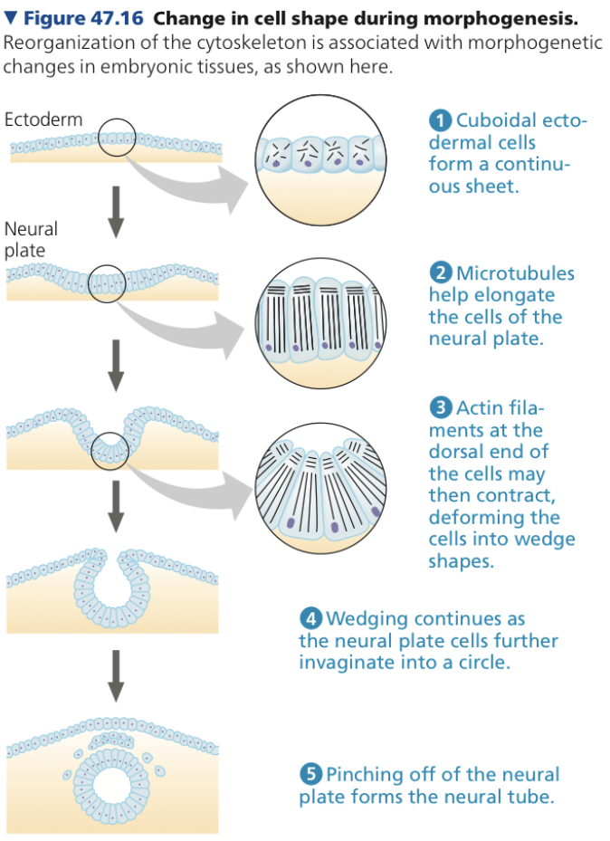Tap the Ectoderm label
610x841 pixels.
click(x=43, y=119)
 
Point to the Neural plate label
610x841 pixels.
click(x=31, y=240)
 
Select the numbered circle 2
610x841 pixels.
click(x=441, y=273)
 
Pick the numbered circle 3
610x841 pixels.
click(x=441, y=408)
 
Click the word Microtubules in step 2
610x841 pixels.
click(x=515, y=273)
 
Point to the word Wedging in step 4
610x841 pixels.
click(x=367, y=619)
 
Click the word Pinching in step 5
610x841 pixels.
click(x=367, y=775)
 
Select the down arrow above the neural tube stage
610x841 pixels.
click(x=115, y=674)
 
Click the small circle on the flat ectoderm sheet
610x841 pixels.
click(x=118, y=138)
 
